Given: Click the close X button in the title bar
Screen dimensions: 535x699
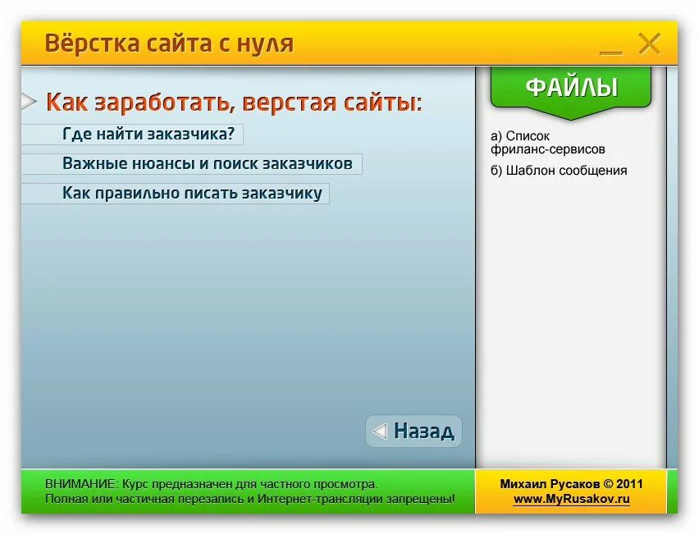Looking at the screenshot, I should click(x=649, y=43).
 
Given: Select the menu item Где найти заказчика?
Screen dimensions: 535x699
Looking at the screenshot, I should click(x=148, y=134).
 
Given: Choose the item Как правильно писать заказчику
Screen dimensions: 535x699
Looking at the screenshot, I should click(x=192, y=194).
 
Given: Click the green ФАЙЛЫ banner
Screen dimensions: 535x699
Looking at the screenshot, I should click(x=571, y=87).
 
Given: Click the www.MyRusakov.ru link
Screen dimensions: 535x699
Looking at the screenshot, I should click(x=571, y=498).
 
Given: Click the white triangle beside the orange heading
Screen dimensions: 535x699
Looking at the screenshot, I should click(x=29, y=102).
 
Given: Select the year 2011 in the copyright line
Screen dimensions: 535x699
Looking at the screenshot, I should click(x=628, y=484).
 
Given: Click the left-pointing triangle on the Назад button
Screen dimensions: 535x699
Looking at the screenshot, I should click(x=379, y=431).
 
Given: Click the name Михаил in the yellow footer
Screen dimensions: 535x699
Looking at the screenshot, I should click(x=524, y=484).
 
